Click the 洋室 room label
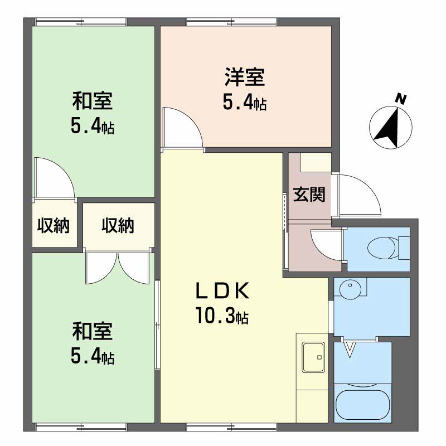pyautogui.click(x=245, y=77)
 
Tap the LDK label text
pyautogui.click(x=222, y=290)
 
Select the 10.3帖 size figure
pyautogui.click(x=222, y=316)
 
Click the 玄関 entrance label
pyautogui.click(x=309, y=195)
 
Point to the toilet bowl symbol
pyautogui.click(x=381, y=248)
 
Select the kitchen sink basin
pyautogui.click(x=313, y=357)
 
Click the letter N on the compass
pyautogui.click(x=401, y=100)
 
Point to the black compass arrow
pyautogui.click(x=388, y=129)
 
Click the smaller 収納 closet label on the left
pyautogui.click(x=54, y=226)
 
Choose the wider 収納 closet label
pyautogui.click(x=118, y=226)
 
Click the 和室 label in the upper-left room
pyautogui.click(x=93, y=101)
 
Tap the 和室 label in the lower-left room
pyautogui.click(x=93, y=331)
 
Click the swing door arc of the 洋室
pyautogui.click(x=191, y=119)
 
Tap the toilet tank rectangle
pyautogui.click(x=404, y=248)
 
